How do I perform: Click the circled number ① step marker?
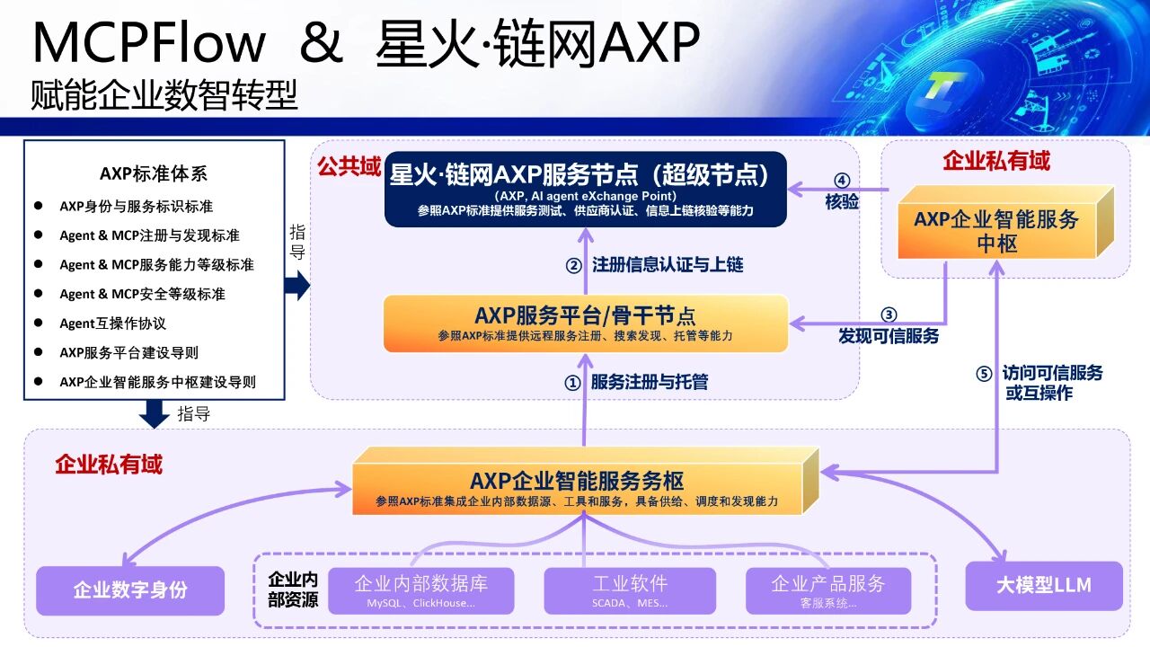[572, 383]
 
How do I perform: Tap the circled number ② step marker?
[573, 265]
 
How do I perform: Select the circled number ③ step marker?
[889, 315]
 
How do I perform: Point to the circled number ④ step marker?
[842, 181]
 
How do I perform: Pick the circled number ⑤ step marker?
[984, 373]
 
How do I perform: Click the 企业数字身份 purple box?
[130, 590]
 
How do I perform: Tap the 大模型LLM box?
[1044, 585]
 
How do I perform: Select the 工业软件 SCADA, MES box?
[630, 590]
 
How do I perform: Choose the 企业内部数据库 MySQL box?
[421, 590]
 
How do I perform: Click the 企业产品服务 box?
[828, 590]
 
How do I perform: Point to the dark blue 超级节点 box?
[585, 189]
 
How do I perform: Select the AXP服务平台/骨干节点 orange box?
[585, 323]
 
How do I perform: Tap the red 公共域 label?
[349, 167]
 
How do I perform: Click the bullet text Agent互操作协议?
[113, 323]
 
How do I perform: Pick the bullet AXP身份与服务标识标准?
[136, 207]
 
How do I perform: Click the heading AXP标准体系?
[154, 173]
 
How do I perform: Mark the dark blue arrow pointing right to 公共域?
[297, 286]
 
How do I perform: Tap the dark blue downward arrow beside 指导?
[155, 414]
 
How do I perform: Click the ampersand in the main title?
[322, 42]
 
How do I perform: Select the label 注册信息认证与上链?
[668, 265]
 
